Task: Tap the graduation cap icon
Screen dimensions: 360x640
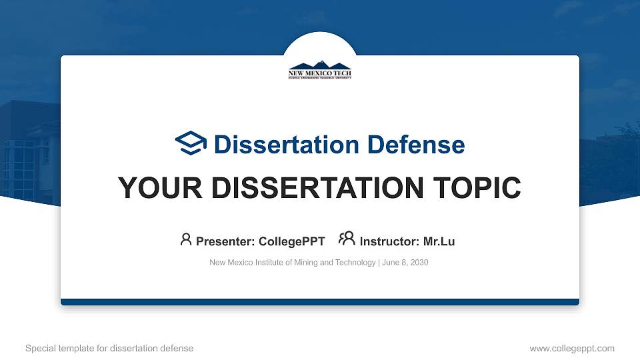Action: [191, 144]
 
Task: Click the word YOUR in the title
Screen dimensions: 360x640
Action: [153, 189]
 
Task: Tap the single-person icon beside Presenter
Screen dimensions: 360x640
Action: [186, 239]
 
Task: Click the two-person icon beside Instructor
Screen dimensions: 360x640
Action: [347, 239]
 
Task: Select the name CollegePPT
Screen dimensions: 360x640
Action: [291, 241]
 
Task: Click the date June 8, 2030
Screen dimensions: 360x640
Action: [405, 263]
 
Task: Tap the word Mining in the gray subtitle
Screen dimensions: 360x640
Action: [303, 263]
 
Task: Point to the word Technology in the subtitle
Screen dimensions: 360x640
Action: [354, 263]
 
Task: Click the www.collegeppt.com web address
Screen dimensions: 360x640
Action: [571, 348]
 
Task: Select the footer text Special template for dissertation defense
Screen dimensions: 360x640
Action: [109, 348]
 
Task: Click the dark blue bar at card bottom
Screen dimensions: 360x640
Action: [320, 302]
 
